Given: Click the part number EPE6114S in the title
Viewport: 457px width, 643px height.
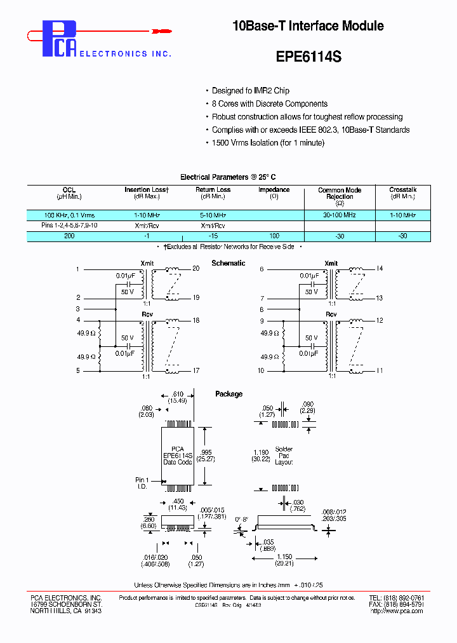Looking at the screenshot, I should [308, 56].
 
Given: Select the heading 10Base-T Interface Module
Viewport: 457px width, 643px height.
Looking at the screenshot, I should [308, 26].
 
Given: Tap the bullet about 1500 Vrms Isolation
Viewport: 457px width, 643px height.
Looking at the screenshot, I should [268, 143].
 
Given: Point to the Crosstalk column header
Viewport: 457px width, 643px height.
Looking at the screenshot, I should [402, 189].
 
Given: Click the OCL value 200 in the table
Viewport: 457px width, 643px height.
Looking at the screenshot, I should [69, 236].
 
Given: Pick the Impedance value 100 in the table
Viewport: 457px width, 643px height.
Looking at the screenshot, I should [274, 236].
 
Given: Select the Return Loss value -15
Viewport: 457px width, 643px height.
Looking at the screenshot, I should [213, 236].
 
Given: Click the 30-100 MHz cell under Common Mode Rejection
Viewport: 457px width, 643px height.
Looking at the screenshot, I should [340, 215].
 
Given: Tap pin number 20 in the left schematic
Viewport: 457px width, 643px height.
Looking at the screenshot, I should [195, 269].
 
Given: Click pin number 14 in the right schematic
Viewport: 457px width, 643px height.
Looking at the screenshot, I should [380, 269].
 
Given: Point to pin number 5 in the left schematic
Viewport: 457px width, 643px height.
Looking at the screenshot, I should [79, 370].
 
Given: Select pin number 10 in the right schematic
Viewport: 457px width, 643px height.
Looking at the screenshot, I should [261, 370].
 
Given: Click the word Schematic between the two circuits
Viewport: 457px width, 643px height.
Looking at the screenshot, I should [228, 263].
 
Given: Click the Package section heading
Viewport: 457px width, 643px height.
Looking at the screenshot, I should [228, 394].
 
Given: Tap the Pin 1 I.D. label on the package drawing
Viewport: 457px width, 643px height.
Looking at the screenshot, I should [142, 484].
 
